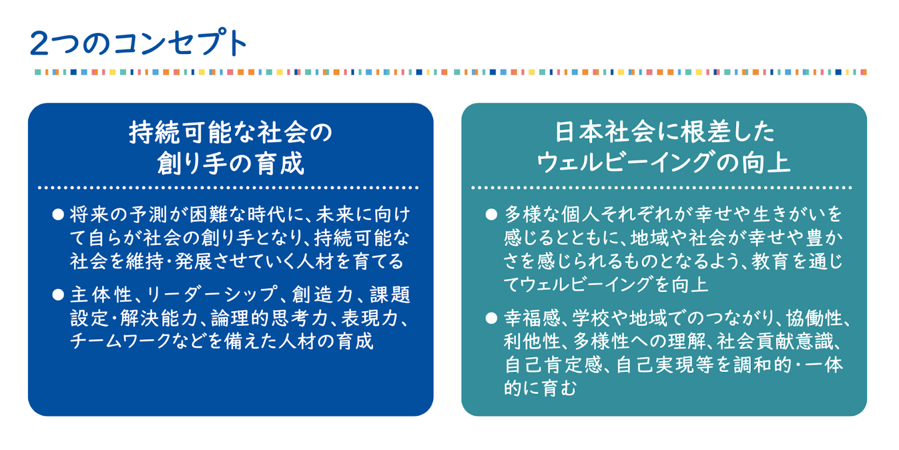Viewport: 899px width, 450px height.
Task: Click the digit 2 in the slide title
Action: coord(39,43)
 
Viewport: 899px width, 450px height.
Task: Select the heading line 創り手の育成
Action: coord(231,163)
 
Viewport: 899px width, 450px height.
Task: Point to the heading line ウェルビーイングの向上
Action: coord(664,162)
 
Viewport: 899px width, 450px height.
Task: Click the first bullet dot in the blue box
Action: coord(58,215)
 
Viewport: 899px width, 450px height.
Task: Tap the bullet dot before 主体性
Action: coord(58,295)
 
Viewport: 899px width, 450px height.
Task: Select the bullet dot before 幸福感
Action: coord(491,319)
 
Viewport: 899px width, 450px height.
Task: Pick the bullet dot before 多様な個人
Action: coord(491,215)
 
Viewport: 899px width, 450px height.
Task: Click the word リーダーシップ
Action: coord(211,295)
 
